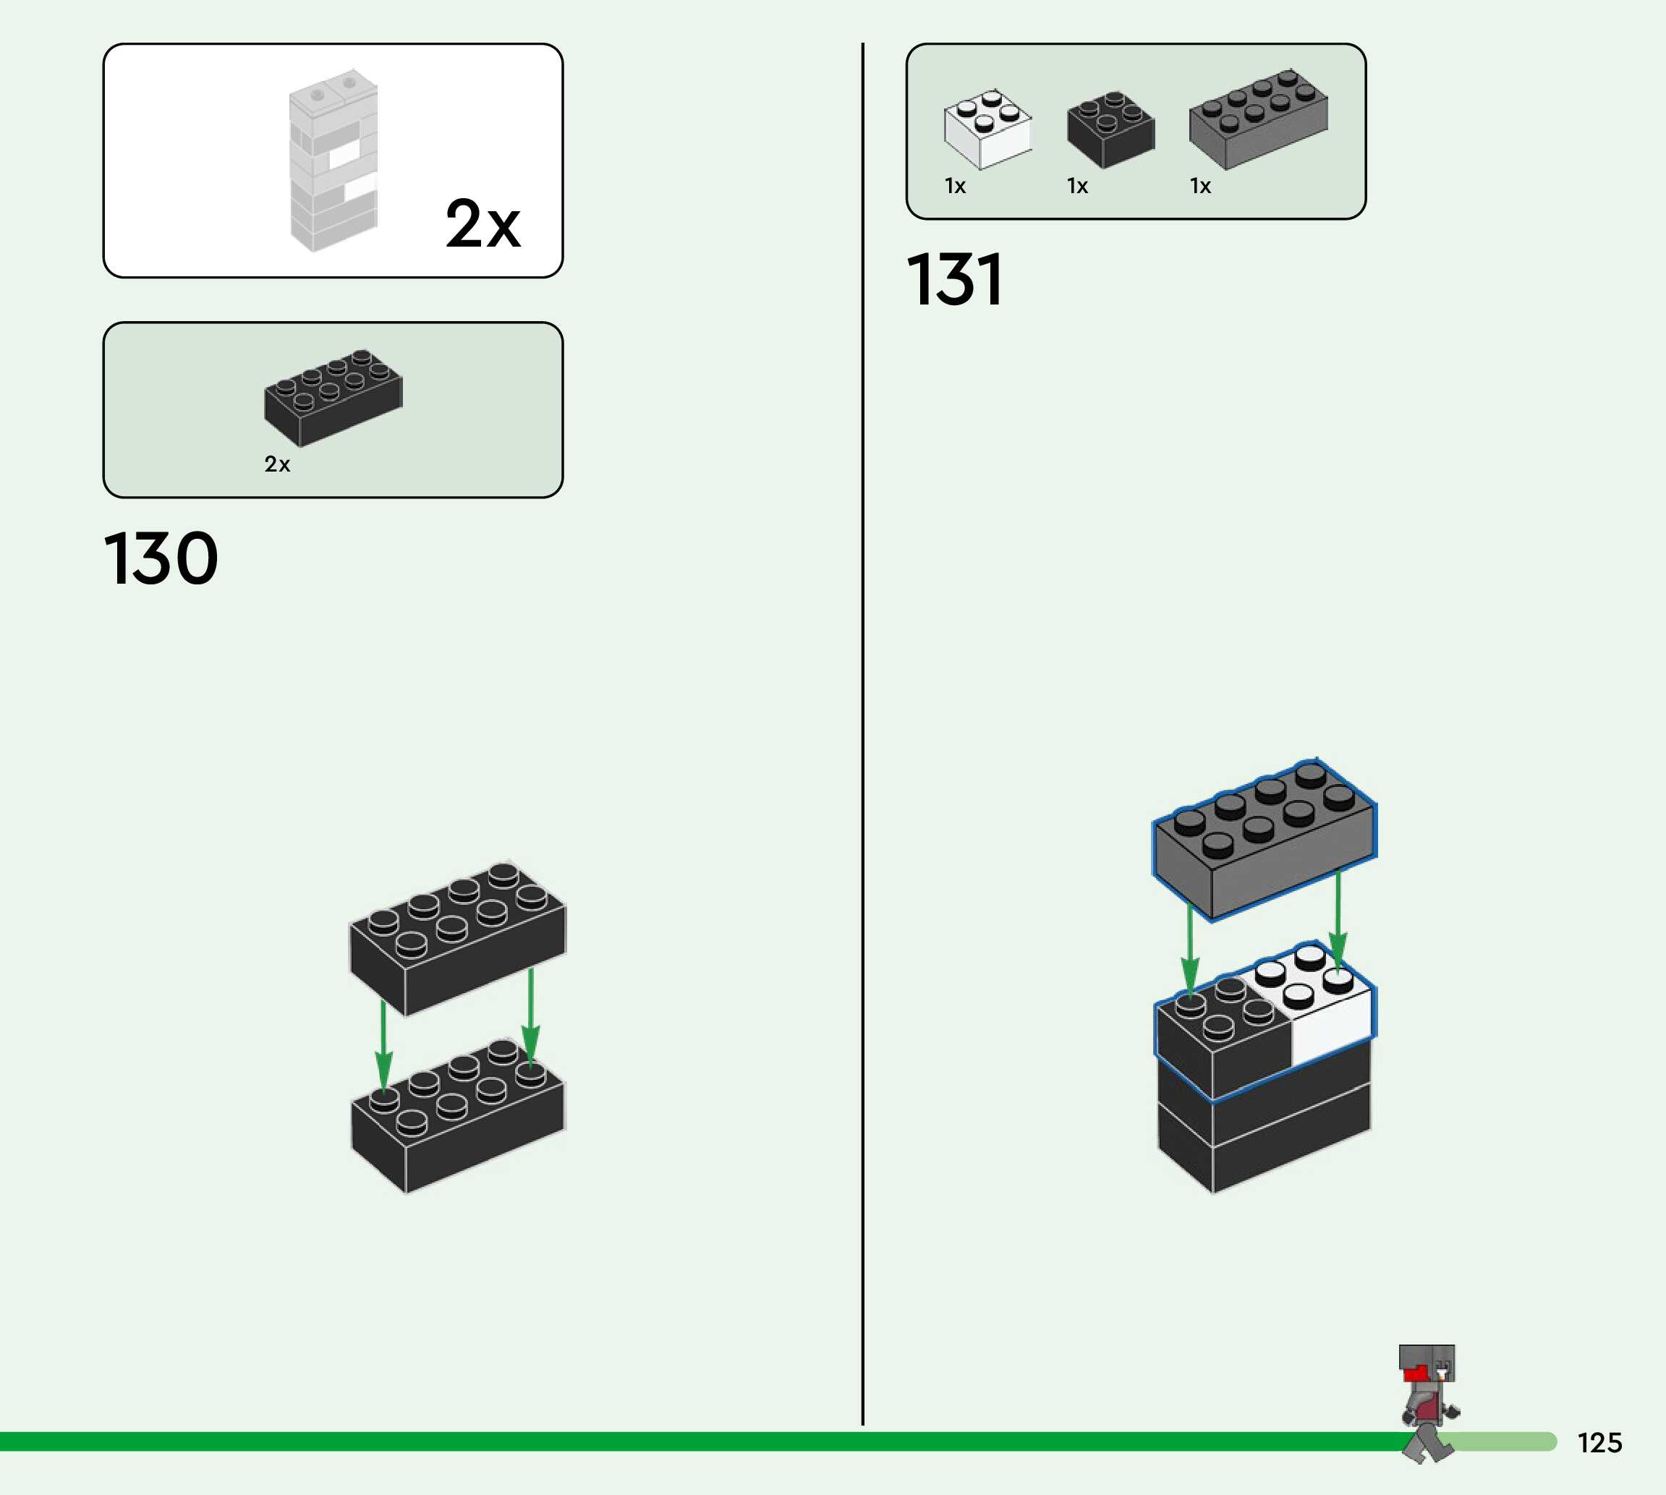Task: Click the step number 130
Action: click(x=161, y=559)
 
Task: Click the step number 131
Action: click(x=955, y=280)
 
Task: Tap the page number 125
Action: click(x=1599, y=1443)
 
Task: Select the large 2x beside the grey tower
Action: click(x=483, y=223)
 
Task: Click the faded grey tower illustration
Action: click(x=333, y=160)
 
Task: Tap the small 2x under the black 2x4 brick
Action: click(x=277, y=465)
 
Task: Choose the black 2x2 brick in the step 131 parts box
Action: click(x=1110, y=129)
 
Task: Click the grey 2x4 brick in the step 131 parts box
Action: click(x=1258, y=120)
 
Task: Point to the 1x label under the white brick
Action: click(x=955, y=187)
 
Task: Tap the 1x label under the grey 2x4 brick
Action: click(x=1200, y=187)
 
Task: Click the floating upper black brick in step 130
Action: click(x=458, y=937)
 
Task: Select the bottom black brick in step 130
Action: click(x=458, y=1117)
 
